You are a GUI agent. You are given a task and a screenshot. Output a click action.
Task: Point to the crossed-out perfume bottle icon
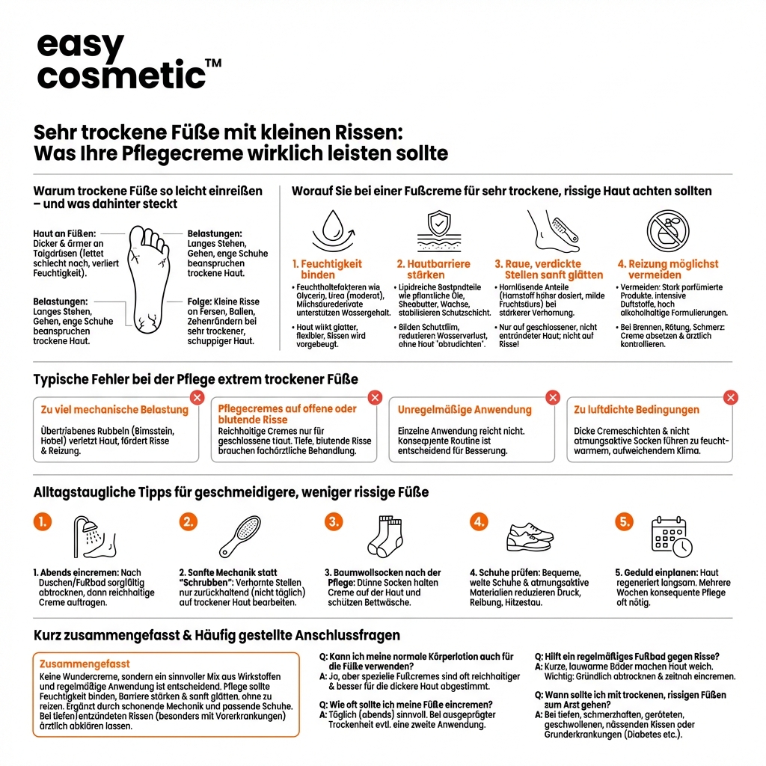(668, 230)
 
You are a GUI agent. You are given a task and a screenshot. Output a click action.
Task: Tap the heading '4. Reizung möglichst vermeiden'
(667, 269)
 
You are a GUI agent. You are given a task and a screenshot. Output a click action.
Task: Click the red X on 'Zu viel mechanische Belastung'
(197, 398)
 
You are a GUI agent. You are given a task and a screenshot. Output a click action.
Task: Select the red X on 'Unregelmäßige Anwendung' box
(552, 398)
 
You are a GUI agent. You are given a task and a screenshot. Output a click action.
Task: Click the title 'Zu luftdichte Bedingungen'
(637, 410)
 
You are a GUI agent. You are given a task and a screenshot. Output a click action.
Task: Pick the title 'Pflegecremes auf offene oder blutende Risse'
(287, 414)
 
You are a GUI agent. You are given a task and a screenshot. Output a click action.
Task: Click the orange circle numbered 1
(43, 522)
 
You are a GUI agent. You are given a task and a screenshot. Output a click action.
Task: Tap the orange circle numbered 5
(624, 522)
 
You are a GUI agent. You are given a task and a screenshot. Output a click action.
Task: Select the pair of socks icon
(385, 536)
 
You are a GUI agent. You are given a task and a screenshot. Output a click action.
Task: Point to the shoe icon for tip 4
(530, 536)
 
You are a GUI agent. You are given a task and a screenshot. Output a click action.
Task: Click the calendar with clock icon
(671, 536)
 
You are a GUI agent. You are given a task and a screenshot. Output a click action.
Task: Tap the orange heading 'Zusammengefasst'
(85, 664)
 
